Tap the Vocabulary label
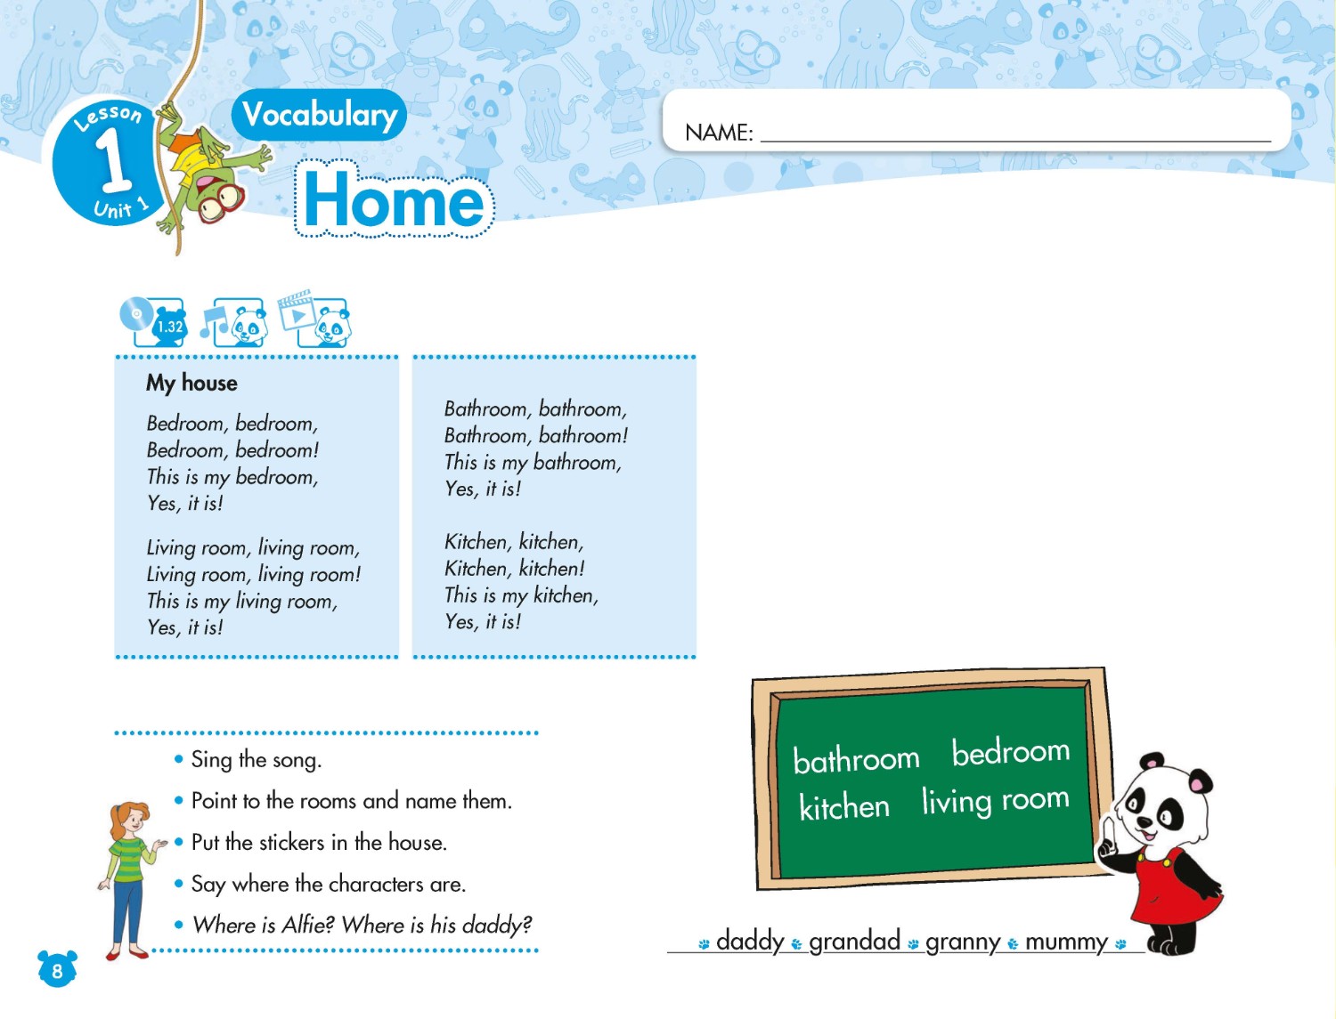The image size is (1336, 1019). [319, 115]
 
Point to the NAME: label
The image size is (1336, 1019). [719, 133]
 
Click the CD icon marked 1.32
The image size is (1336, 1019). [152, 322]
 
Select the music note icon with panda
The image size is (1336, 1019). [233, 322]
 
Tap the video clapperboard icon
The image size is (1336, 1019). [314, 319]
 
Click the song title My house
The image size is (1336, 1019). [191, 383]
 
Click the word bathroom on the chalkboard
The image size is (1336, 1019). [856, 759]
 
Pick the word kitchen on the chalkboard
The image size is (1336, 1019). [844, 807]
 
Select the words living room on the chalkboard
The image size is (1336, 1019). [995, 800]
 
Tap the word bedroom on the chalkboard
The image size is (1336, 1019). [1010, 752]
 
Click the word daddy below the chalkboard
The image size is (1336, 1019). [750, 941]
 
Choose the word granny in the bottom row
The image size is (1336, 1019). [963, 942]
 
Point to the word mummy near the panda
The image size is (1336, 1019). [1066, 942]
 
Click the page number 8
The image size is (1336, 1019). [57, 970]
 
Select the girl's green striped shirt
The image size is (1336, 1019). [127, 856]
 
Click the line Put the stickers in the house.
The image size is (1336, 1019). [319, 842]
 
